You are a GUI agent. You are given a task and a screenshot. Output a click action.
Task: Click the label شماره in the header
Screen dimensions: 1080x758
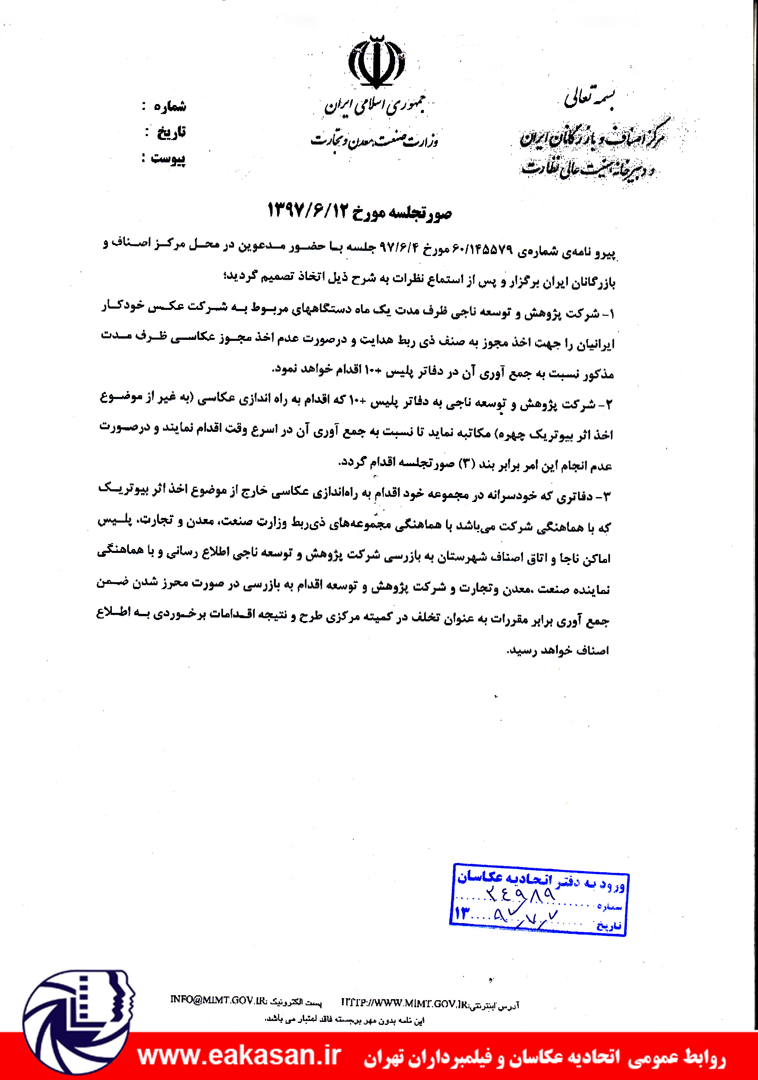[170, 106]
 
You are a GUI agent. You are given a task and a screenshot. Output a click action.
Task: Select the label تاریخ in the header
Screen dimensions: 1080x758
[171, 132]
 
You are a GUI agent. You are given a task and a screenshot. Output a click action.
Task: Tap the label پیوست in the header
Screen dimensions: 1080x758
[168, 158]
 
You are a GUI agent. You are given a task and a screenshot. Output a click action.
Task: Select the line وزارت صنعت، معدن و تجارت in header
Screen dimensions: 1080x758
[374, 140]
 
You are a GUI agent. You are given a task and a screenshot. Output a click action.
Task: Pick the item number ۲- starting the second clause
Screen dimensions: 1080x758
[606, 404]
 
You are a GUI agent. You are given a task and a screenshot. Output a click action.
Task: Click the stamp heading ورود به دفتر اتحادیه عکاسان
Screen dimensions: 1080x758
[541, 879]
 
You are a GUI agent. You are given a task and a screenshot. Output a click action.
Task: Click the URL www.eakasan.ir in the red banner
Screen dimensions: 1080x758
[239, 1056]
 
